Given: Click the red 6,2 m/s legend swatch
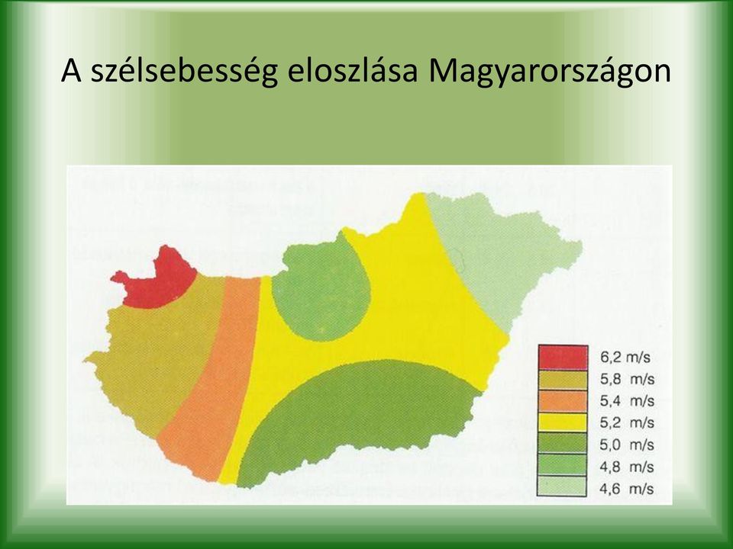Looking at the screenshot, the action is pos(563,357).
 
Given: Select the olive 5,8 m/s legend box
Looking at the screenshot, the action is pos(563,380).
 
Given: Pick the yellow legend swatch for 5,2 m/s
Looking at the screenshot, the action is pos(563,422).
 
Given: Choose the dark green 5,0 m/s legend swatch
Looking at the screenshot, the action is pos(563,443).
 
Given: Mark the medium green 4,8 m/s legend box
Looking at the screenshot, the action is pos(563,464).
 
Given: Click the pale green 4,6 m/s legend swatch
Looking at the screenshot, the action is pos(563,486).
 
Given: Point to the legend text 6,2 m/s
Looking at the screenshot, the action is pos(625,358).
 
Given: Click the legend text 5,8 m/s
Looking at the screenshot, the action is pos(627,380).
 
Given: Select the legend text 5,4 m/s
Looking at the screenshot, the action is pos(627,401).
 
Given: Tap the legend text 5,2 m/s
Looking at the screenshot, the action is pos(627,423).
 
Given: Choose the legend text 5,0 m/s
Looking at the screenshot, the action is pos(627,445).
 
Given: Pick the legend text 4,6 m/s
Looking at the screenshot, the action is pos(627,489).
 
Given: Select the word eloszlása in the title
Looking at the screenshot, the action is pos(352,70).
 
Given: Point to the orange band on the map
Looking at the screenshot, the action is pos(211,378).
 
